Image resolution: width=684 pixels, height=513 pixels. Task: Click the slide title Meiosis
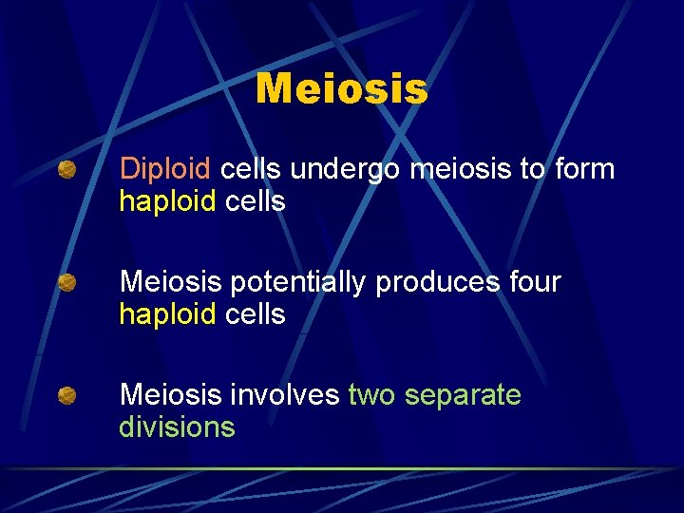click(x=342, y=90)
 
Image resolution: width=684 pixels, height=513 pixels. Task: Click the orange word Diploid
click(x=164, y=170)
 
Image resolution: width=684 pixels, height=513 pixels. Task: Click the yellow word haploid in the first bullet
click(x=167, y=201)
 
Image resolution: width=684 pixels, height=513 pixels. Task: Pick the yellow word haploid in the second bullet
click(x=167, y=314)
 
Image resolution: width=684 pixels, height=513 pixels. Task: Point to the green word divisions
click(x=177, y=427)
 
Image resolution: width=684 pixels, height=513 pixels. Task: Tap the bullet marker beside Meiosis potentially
click(x=66, y=283)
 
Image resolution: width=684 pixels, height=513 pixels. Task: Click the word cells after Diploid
click(x=250, y=170)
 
